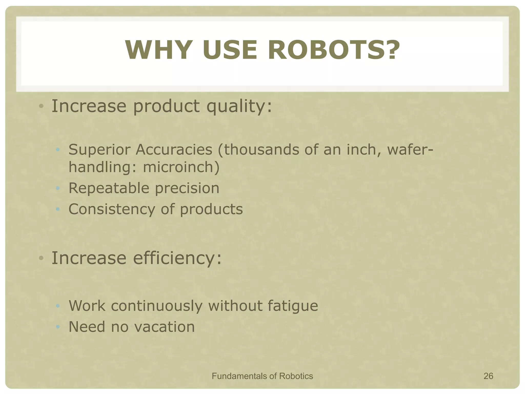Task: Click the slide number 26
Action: point(488,376)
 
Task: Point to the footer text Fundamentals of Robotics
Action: point(262,376)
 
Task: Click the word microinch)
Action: point(181,167)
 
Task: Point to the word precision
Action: point(187,189)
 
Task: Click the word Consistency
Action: point(112,209)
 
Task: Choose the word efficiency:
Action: point(177,258)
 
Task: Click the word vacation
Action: point(164,327)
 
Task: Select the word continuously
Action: point(157,306)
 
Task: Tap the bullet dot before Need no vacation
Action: point(58,327)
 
